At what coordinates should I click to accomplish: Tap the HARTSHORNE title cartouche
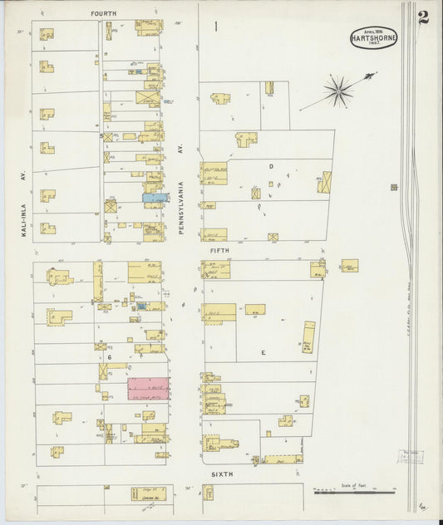pos(373,38)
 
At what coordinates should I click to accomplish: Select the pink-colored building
pos(148,389)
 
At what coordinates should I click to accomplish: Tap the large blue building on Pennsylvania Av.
pos(155,198)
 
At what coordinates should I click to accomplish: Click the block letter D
pos(270,167)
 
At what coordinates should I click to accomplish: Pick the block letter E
pos(263,352)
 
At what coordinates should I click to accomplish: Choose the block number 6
pos(108,357)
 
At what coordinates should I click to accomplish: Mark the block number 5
pos(101,135)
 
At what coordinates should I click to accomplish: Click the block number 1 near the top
pos(215,27)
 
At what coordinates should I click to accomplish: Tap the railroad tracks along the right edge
pos(409,249)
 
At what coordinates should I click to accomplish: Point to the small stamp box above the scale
pos(411,456)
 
